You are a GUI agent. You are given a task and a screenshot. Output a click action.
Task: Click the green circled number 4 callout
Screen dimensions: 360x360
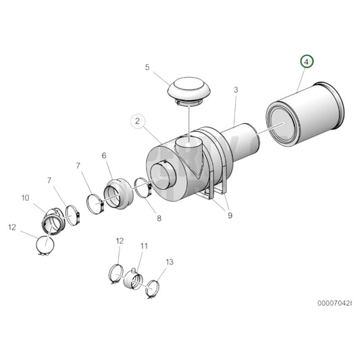point(307,62)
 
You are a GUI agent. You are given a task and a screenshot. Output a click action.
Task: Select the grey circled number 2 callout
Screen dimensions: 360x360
point(138,122)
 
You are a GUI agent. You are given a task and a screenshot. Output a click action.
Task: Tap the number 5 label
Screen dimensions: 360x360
point(147,67)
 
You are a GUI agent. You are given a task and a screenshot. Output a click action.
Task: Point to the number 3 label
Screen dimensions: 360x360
point(236,89)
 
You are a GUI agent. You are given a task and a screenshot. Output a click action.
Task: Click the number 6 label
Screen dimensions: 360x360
point(104,156)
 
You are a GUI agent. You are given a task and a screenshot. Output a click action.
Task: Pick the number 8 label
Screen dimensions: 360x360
point(159,218)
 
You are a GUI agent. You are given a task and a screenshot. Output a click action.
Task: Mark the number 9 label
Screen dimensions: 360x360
point(230,216)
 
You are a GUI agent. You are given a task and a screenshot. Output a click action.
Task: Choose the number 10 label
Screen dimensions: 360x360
point(26,198)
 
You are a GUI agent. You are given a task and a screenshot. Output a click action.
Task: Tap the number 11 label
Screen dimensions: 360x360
point(143,246)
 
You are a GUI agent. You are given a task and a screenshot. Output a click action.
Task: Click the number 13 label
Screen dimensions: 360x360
point(169,261)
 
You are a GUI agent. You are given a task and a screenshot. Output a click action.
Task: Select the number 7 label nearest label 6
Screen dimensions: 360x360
point(79,165)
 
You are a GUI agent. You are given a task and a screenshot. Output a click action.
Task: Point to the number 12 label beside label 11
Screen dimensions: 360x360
point(120,241)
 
